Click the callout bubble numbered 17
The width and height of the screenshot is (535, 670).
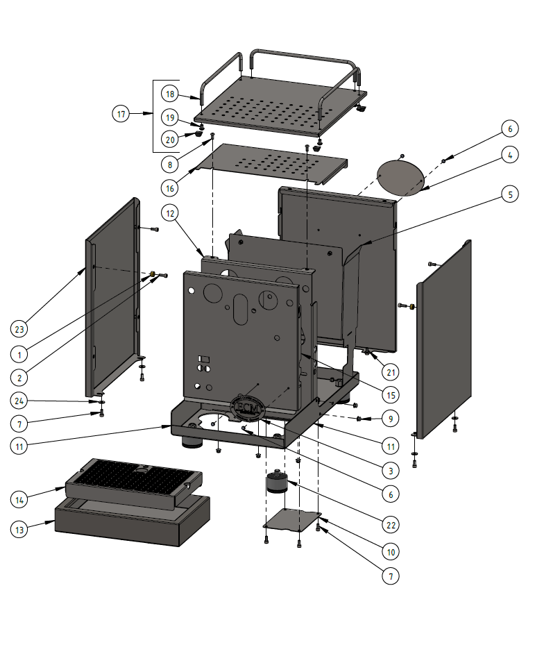pyautogui.click(x=121, y=114)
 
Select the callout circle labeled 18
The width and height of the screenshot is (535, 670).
pyautogui.click(x=170, y=94)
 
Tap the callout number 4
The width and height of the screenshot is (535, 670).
pyautogui.click(x=509, y=156)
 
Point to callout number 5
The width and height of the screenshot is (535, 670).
pyautogui.click(x=509, y=195)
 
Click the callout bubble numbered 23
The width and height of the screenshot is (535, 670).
pyautogui.click(x=19, y=328)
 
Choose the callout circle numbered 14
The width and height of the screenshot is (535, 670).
pyautogui.click(x=19, y=499)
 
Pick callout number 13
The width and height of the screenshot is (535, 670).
pyautogui.click(x=19, y=530)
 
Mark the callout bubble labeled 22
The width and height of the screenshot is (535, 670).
pyautogui.click(x=391, y=523)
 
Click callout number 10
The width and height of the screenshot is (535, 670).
pyautogui.click(x=391, y=552)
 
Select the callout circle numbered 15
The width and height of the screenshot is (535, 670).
pyautogui.click(x=391, y=395)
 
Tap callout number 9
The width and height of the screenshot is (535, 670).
pyautogui.click(x=391, y=419)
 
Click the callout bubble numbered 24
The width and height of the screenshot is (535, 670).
pyautogui.click(x=19, y=401)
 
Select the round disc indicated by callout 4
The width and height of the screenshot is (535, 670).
pyautogui.click(x=400, y=177)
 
